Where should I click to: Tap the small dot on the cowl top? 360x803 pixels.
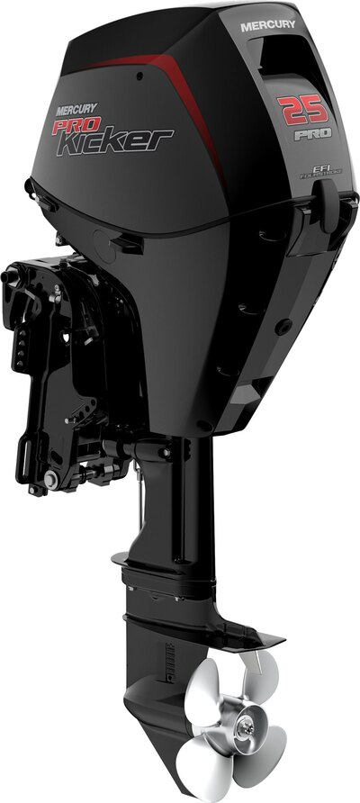coord(134,77)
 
